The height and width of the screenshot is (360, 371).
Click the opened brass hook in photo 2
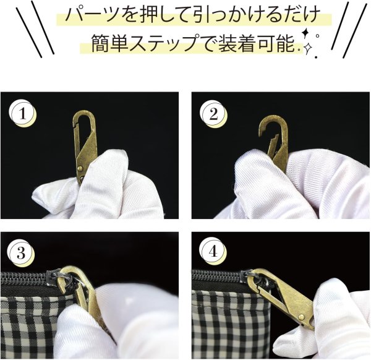[275, 136]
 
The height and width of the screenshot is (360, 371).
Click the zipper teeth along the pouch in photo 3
[25, 280]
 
